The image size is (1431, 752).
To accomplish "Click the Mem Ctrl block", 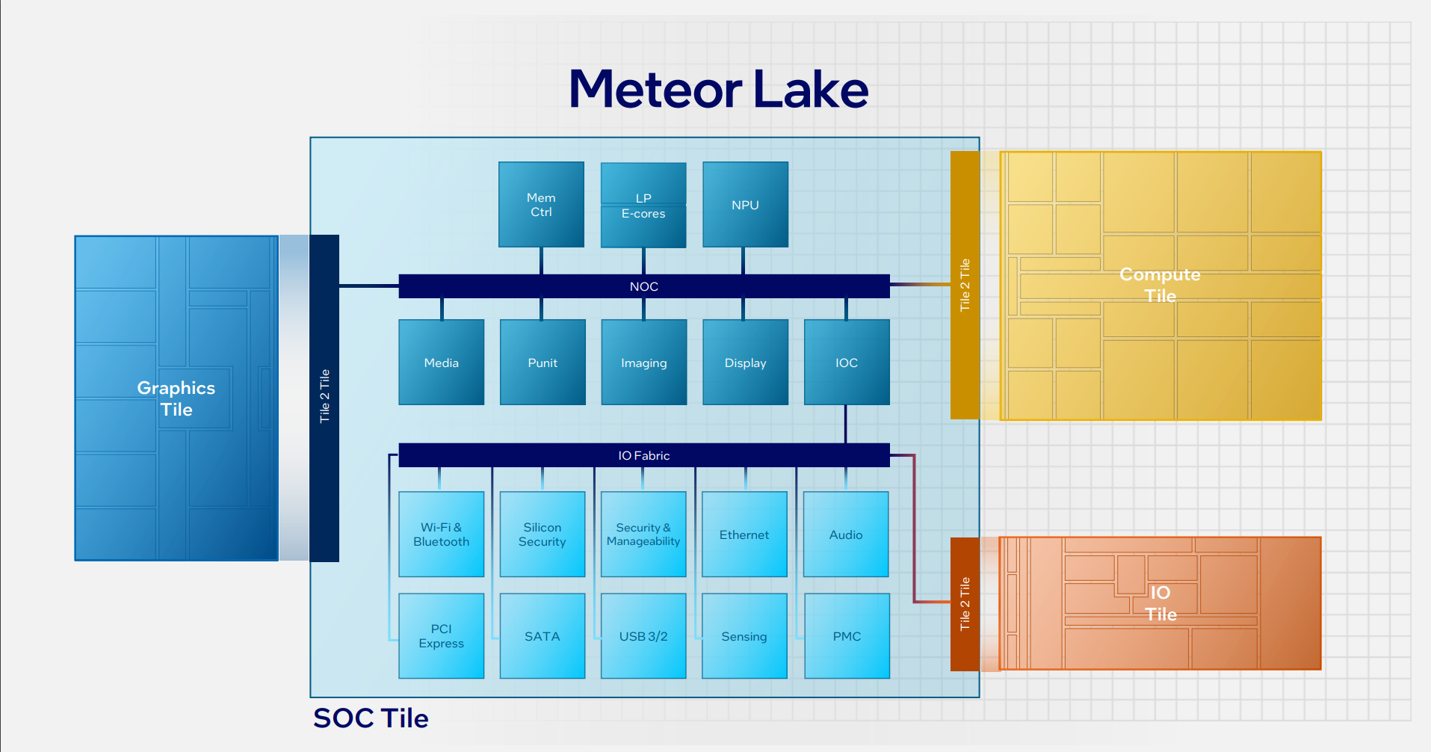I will pyautogui.click(x=541, y=204).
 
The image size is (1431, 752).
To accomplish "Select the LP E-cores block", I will pyautogui.click(x=643, y=205).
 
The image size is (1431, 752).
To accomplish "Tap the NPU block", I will pyautogui.click(x=745, y=204).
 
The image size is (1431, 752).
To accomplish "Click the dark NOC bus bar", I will pyautogui.click(x=643, y=286).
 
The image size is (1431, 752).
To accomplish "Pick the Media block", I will pyautogui.click(x=441, y=363).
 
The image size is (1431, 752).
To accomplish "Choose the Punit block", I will pyautogui.click(x=543, y=363).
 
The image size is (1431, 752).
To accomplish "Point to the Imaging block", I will pyautogui.click(x=643, y=363).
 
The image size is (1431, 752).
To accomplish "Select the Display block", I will pyautogui.click(x=745, y=363).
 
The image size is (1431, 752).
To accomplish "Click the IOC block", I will pyautogui.click(x=847, y=363).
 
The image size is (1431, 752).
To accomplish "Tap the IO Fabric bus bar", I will pyautogui.click(x=643, y=455).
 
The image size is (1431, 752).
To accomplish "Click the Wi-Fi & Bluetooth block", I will pyautogui.click(x=441, y=534).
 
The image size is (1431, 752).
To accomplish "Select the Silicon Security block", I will pyautogui.click(x=542, y=534).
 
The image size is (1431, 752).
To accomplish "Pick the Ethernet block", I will pyautogui.click(x=744, y=534).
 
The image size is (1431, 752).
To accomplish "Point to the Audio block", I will pyautogui.click(x=846, y=534).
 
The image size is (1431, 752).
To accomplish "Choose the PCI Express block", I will pyautogui.click(x=441, y=635).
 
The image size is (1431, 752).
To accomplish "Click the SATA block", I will pyautogui.click(x=542, y=635).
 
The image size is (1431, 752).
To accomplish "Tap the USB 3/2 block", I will pyautogui.click(x=643, y=635).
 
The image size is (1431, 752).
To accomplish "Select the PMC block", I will pyautogui.click(x=847, y=635).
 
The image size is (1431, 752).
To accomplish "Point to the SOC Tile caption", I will pyautogui.click(x=371, y=718).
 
